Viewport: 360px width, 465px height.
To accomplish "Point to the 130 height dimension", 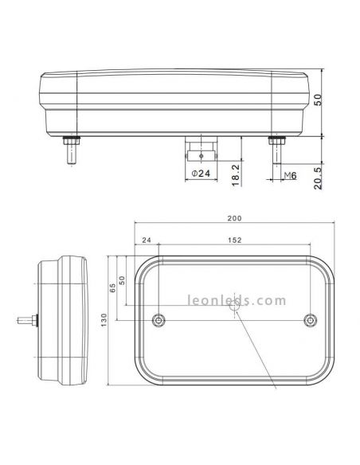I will (104, 320).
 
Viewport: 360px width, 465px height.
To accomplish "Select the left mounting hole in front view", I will (158, 320).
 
